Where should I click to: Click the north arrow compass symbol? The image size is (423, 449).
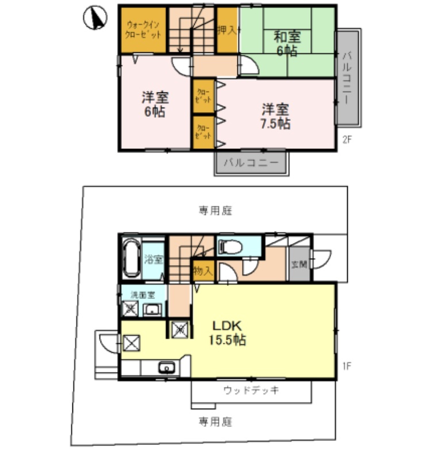point(95,18)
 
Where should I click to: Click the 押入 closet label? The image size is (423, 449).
point(227,30)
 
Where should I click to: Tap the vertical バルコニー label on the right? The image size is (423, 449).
point(347,78)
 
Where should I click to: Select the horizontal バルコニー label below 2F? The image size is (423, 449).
point(251,163)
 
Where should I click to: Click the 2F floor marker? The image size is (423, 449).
point(347,138)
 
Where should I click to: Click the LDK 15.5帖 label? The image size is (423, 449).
point(227,332)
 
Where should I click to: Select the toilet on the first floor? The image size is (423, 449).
point(231,247)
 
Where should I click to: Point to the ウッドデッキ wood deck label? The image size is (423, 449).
point(251,391)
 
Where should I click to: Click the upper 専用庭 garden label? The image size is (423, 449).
point(216,210)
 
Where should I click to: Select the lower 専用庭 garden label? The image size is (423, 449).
point(216,421)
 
